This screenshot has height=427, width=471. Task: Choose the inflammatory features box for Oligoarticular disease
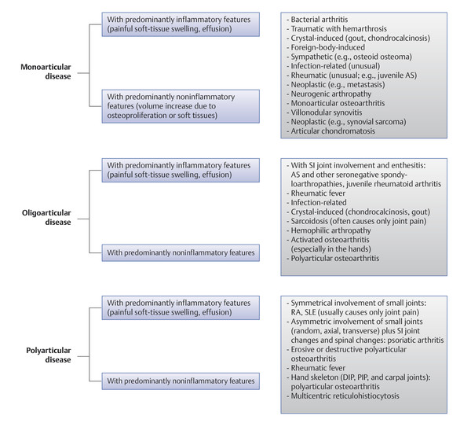click(181, 171)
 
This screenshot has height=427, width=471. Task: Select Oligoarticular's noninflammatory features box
click(181, 252)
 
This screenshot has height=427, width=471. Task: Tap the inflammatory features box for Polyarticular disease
click(181, 307)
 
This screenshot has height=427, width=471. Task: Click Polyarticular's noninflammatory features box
click(181, 382)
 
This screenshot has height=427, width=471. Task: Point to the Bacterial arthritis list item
click(321, 17)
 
